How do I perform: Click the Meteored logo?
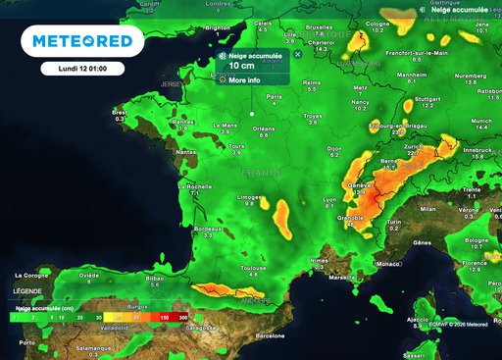pos(81,41)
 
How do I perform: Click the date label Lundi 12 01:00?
pos(81,70)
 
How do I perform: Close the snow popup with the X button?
pos(297,55)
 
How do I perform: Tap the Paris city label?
pos(276,97)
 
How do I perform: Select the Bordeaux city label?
pos(207,229)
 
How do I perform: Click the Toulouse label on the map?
pos(255,268)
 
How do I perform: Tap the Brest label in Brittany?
pos(120,113)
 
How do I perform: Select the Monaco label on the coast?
pos(389,264)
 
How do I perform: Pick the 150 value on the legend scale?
pos(164,318)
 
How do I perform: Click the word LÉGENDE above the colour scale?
pos(27,290)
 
